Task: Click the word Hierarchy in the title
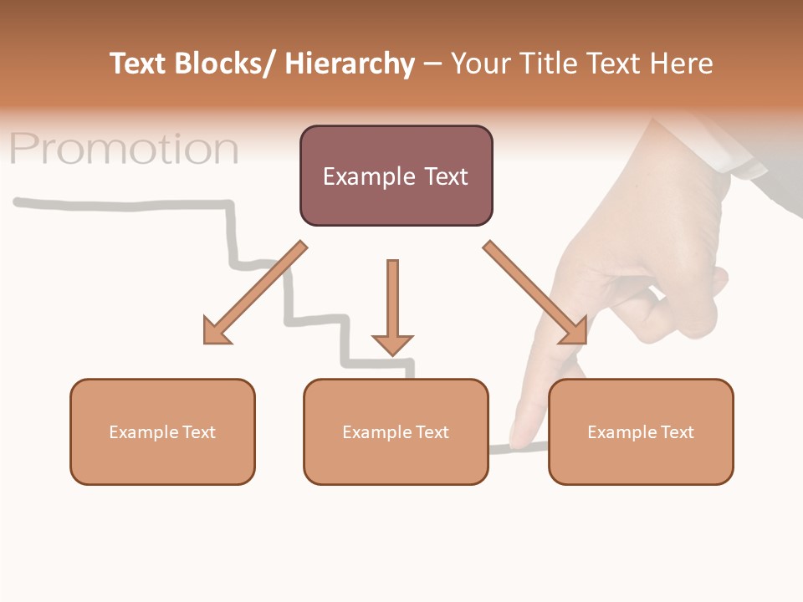[350, 64]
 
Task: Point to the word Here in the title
[683, 64]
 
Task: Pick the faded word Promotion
[124, 149]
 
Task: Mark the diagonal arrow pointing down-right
[535, 293]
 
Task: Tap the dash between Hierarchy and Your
[432, 64]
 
